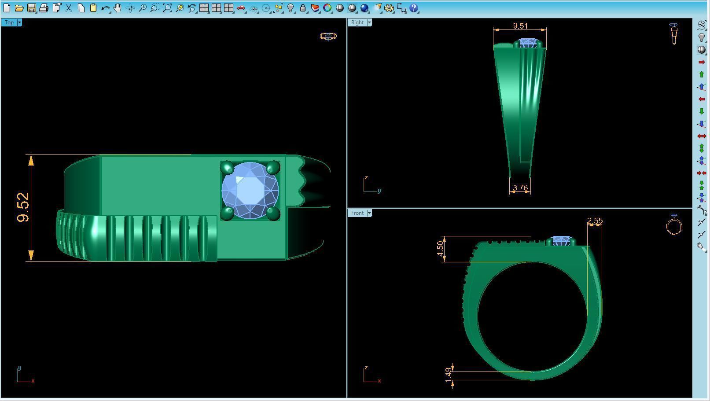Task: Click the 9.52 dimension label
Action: [x=23, y=207]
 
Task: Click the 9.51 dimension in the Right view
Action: [x=520, y=26]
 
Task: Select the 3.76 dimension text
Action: [x=520, y=188]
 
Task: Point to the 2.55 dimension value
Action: [x=595, y=221]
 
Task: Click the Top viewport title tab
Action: [x=9, y=22]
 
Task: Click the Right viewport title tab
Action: [x=357, y=22]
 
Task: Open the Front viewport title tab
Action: [x=357, y=213]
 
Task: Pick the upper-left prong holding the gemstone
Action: [x=227, y=167]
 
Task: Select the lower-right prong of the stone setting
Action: [x=273, y=213]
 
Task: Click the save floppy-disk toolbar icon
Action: [x=32, y=8]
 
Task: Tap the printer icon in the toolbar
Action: [x=44, y=8]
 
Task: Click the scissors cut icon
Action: [x=69, y=8]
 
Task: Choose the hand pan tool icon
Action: [x=118, y=8]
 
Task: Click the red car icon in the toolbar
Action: [x=241, y=8]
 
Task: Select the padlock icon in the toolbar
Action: [x=303, y=8]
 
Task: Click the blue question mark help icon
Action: [x=413, y=8]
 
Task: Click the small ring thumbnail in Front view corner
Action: [x=674, y=225]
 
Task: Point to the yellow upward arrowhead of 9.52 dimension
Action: [x=31, y=160]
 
